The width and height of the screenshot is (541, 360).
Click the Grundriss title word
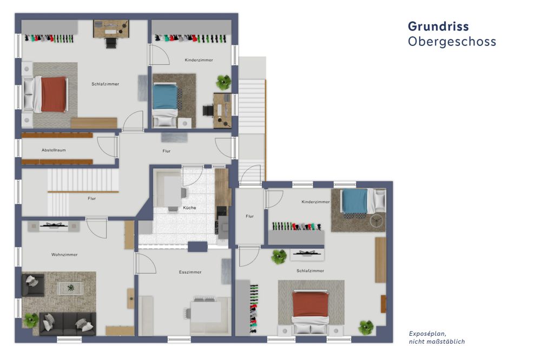coord(438,26)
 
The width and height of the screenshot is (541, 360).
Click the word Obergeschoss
coord(452,42)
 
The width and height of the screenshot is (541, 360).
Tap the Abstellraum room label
coord(54,150)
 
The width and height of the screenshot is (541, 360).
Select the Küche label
coord(189,208)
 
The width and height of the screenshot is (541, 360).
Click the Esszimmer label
coord(190,272)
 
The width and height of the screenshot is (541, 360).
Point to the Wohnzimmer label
coord(64,254)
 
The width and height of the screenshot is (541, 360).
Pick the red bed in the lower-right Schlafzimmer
coord(310,304)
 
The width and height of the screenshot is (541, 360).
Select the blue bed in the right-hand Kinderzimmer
coord(354,201)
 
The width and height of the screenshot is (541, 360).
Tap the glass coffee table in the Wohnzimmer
coord(71,288)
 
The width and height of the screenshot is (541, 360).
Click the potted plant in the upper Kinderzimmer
coord(223,82)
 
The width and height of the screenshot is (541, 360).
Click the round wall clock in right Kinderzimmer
coord(376,220)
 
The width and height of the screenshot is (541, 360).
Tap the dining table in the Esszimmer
coord(205,311)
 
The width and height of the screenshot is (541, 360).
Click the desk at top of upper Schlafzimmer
coord(111,29)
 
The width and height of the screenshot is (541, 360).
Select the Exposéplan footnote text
coord(436,337)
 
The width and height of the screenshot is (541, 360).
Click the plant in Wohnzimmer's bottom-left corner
coord(31,320)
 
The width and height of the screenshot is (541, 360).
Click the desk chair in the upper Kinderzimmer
coord(208,110)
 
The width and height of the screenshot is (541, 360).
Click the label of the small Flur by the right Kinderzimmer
coord(249,216)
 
